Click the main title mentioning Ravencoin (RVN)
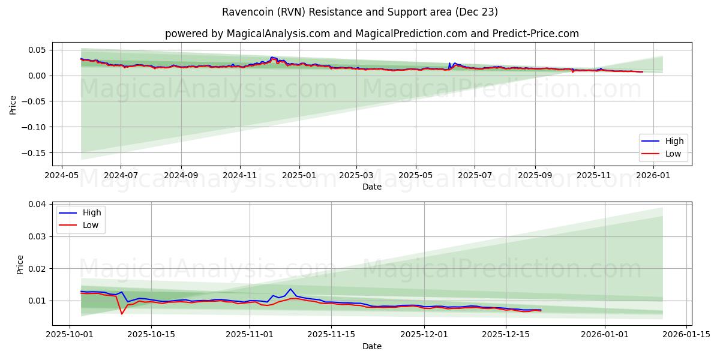(359, 12)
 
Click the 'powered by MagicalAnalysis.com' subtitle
(371, 34)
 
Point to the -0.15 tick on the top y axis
(36, 152)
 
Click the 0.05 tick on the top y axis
(38, 50)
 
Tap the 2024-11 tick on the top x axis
(240, 176)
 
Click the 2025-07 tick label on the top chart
(475, 176)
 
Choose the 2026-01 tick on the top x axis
(652, 176)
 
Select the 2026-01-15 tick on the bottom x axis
(685, 334)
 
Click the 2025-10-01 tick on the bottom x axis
(70, 334)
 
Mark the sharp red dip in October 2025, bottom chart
(122, 314)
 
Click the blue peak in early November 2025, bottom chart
(290, 289)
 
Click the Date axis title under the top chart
(371, 187)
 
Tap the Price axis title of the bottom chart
(20, 264)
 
